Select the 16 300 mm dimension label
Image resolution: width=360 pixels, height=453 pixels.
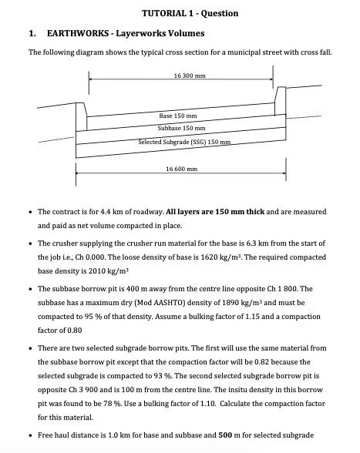click(190, 75)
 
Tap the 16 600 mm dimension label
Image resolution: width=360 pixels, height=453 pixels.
click(181, 168)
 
